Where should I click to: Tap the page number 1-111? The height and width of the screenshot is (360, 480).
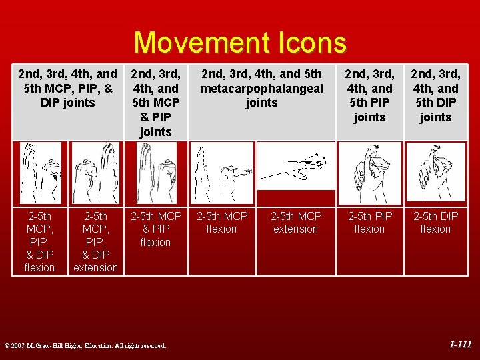[460, 345]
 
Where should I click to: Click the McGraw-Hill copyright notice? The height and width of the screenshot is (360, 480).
[85, 345]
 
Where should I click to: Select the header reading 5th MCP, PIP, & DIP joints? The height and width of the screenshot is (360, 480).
[67, 88]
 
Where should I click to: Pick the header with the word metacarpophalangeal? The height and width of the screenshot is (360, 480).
[261, 88]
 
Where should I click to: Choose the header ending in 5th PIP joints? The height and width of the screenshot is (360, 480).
[369, 95]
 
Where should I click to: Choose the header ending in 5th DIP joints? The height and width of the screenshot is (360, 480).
[435, 95]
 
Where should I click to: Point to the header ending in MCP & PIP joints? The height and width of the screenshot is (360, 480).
[155, 103]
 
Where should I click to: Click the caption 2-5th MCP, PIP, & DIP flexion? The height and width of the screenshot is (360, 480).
[39, 241]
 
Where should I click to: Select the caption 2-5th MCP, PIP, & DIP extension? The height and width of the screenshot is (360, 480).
[95, 241]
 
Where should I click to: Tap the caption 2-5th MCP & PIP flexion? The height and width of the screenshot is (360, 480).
[155, 229]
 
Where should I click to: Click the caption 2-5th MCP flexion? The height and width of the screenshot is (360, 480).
[221, 223]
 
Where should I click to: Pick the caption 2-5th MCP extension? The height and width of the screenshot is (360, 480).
[295, 223]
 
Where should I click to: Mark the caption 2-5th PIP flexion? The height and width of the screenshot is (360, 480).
[369, 223]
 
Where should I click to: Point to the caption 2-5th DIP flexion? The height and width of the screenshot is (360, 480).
[435, 223]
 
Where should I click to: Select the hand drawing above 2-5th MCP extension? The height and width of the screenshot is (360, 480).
[295, 165]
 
